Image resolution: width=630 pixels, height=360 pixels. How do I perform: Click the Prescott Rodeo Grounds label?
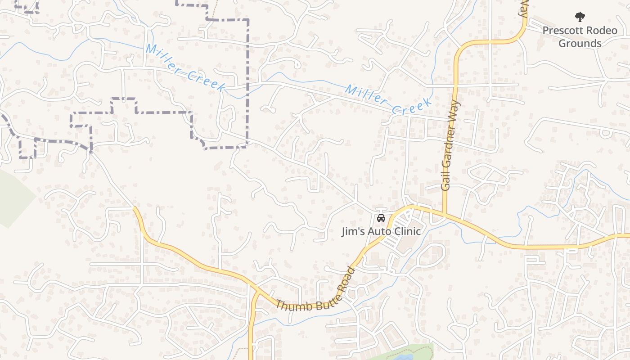(580, 37)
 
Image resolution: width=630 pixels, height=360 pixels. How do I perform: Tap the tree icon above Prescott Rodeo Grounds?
(580, 18)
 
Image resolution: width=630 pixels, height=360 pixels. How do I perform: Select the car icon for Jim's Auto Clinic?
(381, 219)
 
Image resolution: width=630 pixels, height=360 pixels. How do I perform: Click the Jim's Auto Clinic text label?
(381, 231)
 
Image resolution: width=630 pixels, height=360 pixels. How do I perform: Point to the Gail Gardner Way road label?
(451, 145)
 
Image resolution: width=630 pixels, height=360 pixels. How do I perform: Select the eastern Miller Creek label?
(388, 100)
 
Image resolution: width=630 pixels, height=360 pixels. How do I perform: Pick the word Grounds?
(580, 43)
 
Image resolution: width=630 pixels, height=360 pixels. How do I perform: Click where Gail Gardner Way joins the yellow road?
(444, 214)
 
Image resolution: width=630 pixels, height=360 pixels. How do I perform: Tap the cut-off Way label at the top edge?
(523, 8)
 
